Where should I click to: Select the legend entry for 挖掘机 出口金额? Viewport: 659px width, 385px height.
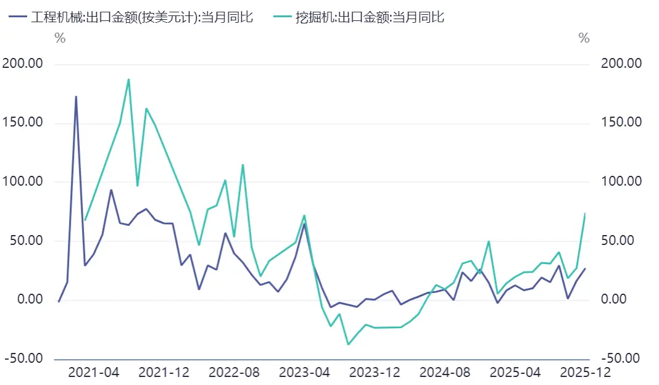click(361, 17)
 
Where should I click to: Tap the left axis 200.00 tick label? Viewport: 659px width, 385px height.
click(23, 64)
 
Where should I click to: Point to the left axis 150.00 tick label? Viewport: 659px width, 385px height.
click(23, 122)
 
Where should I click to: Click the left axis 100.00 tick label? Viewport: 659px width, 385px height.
click(23, 181)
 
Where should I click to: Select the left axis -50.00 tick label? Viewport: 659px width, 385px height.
click(23, 358)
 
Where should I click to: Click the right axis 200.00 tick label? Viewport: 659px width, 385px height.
click(622, 64)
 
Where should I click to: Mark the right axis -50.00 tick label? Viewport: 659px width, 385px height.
click(622, 358)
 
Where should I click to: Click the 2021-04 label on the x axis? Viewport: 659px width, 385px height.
click(93, 373)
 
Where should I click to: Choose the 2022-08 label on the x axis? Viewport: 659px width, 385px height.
click(234, 373)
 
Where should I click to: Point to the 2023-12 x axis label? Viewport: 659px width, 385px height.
click(375, 373)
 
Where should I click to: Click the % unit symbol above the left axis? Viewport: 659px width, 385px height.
click(60, 38)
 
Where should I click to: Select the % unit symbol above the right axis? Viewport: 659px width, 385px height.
click(584, 38)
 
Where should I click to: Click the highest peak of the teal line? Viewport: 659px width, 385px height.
click(128, 79)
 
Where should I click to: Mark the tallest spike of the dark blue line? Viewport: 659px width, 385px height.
click(76, 96)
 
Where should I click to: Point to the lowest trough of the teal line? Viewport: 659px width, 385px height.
click(348, 344)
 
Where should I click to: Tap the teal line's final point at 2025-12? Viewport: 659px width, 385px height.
click(585, 213)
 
